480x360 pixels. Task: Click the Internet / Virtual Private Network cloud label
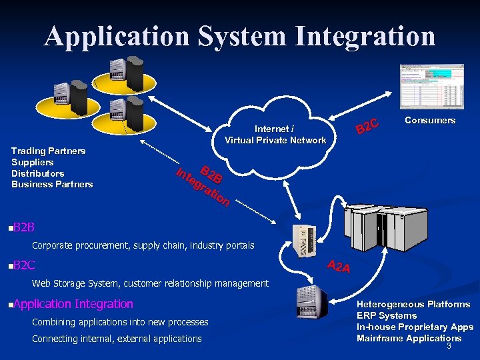[x=275, y=134]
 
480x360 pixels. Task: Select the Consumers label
[x=430, y=121]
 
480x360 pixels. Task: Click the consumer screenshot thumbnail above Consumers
[x=431, y=87]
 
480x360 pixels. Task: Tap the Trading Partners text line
[x=49, y=151]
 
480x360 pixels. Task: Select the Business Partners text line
[x=52, y=184]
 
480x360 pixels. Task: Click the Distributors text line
[x=38, y=173]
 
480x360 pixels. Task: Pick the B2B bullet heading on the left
[x=23, y=228]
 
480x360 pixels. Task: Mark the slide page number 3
[x=449, y=346]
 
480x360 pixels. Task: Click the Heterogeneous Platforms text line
[x=413, y=304]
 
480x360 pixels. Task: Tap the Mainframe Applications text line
[x=409, y=338]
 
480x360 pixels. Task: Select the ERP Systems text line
[x=387, y=315]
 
